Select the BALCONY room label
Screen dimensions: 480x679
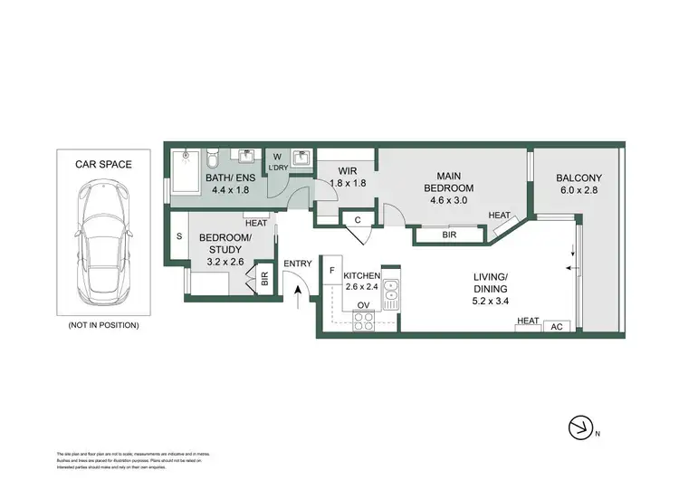(x=579, y=178)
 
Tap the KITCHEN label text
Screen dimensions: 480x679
(x=361, y=275)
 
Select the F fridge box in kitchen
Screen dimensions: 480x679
(x=332, y=271)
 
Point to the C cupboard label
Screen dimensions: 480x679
(x=358, y=219)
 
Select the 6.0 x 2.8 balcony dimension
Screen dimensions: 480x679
(x=579, y=191)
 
